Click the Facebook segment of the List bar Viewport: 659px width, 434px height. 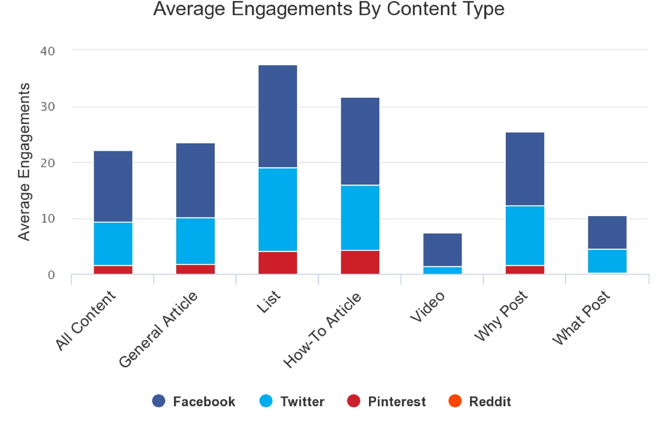(x=277, y=116)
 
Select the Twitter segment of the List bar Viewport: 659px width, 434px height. (x=277, y=209)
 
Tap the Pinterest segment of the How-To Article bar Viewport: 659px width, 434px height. (x=360, y=262)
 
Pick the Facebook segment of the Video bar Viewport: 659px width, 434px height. (x=442, y=249)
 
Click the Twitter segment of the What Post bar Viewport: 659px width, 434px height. (x=607, y=261)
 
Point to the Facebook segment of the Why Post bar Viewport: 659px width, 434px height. (x=525, y=169)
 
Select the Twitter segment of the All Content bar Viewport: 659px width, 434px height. (x=113, y=244)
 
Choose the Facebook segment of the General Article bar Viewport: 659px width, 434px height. (x=195, y=180)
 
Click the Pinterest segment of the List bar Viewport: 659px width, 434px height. (x=277, y=263)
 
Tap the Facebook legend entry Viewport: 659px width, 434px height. (x=194, y=402)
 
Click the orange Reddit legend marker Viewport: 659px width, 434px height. (x=455, y=401)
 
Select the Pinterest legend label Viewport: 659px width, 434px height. (x=397, y=402)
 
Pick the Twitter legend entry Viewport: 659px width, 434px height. (x=292, y=402)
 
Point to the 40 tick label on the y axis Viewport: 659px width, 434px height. (x=47, y=51)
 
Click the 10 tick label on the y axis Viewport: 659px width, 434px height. (x=47, y=218)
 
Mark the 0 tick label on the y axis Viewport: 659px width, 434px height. (x=51, y=275)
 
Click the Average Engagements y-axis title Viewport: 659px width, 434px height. (x=24, y=162)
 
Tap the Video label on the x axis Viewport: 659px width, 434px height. (x=427, y=307)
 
